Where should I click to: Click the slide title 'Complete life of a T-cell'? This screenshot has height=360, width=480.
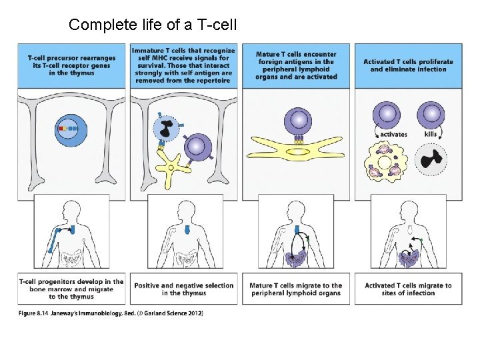point(153,25)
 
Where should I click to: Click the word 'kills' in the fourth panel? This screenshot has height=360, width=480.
point(431,135)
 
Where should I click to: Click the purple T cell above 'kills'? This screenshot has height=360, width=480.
point(431,114)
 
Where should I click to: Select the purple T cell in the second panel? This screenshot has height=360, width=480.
point(196,147)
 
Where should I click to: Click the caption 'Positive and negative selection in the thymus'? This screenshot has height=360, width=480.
point(184,289)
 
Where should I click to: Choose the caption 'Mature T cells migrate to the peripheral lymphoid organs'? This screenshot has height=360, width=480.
point(296,289)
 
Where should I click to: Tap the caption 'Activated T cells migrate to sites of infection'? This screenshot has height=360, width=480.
point(408,289)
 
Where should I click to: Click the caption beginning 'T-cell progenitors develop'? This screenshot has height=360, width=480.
point(72,289)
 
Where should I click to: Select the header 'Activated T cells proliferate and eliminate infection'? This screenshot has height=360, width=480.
point(408,65)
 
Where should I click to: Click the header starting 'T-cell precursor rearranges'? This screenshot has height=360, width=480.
point(72,65)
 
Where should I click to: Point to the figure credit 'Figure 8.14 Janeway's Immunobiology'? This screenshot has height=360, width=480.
point(111,313)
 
